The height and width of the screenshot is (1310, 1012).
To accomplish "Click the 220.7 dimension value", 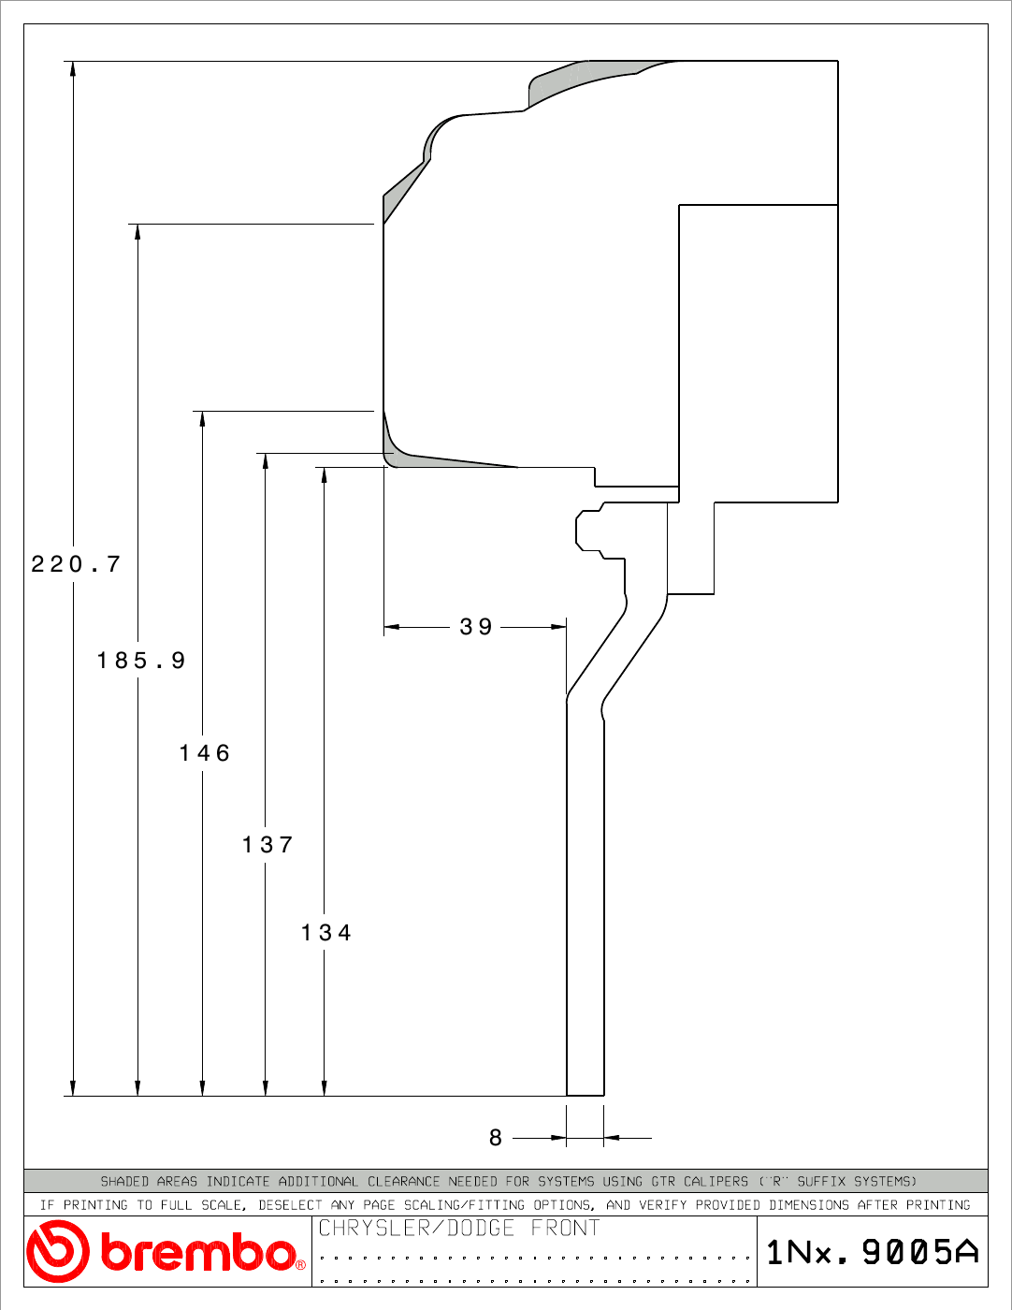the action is coord(76,564).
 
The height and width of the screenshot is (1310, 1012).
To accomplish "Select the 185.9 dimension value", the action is coord(141,660).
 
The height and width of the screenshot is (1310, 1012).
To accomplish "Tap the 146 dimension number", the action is coord(205,753).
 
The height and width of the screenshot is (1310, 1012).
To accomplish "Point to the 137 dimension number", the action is coord(267,845).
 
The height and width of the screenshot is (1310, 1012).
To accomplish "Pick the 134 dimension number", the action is coord(325,933).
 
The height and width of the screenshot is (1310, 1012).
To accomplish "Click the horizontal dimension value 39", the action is coord(476,627).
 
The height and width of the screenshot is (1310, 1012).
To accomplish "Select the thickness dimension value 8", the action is coord(495,1138).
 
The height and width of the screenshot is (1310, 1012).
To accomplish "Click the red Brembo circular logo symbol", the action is coord(58,1251).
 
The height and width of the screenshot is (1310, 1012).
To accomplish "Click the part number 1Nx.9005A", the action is coord(873,1252).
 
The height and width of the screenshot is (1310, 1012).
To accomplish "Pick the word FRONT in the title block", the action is coord(565,1228).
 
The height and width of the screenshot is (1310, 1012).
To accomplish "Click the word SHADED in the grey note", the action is coord(124,1181).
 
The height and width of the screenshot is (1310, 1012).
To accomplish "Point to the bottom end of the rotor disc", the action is coord(585,1096).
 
